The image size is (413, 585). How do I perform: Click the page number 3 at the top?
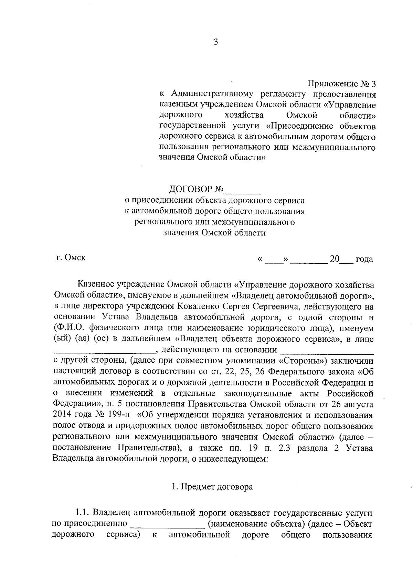point(216,42)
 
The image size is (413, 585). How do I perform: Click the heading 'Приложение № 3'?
point(341,83)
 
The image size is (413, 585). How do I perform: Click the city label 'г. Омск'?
point(71,258)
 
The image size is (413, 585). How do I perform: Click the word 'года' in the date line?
point(364,259)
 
